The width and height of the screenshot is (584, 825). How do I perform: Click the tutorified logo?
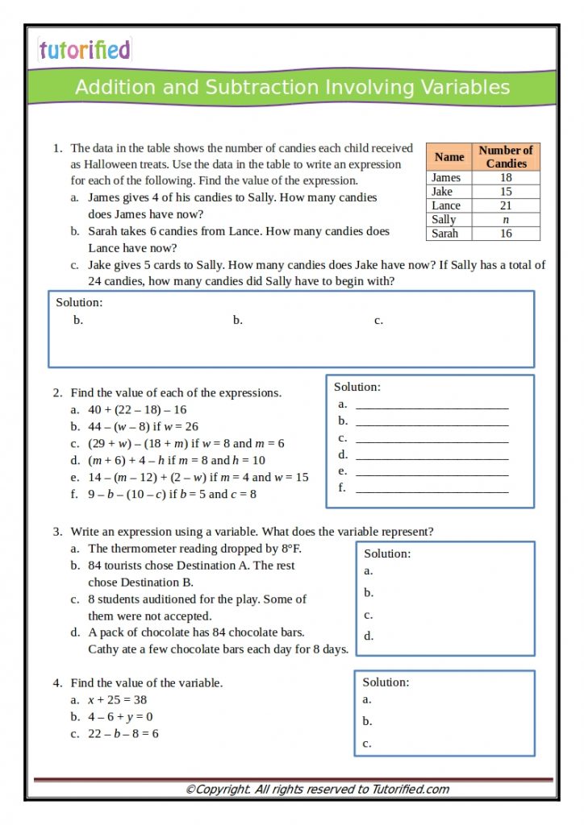[x=84, y=50]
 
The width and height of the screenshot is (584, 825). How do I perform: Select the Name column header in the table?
[x=449, y=157]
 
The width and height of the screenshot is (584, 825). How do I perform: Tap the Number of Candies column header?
[x=506, y=157]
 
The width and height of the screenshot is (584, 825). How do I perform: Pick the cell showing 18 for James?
[x=506, y=178]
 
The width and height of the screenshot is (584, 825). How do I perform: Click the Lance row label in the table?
[x=446, y=205]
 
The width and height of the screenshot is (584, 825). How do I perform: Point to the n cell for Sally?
[x=506, y=219]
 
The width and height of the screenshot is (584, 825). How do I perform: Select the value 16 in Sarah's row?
[x=506, y=234]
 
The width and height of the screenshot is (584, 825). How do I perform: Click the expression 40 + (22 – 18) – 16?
[x=137, y=409]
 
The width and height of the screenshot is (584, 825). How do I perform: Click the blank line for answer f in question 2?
[x=432, y=489]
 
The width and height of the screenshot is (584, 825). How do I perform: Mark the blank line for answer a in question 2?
[x=432, y=405]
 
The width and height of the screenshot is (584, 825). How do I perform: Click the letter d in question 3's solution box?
[x=369, y=636]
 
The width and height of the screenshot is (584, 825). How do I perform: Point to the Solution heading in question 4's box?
[x=386, y=682]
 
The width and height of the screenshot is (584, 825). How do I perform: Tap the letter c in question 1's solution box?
[x=378, y=321]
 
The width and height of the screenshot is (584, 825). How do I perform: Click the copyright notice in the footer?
[x=317, y=790]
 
